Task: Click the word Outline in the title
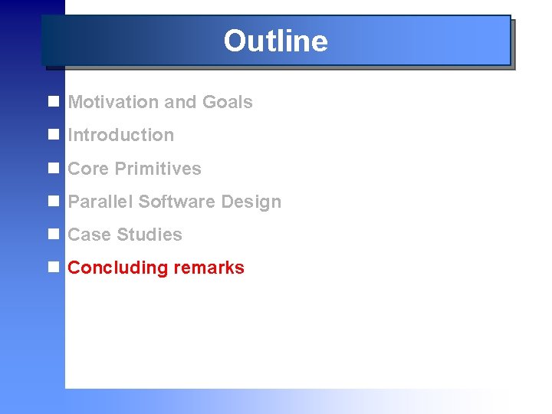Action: click(275, 41)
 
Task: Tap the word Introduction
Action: click(120, 135)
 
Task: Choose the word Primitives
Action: click(157, 169)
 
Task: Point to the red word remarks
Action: click(209, 268)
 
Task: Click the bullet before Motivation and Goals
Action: click(53, 102)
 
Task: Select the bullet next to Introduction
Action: click(53, 135)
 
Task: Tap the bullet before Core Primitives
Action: click(53, 169)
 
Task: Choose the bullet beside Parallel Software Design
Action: click(53, 202)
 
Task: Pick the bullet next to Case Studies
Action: click(53, 235)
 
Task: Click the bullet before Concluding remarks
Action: click(53, 268)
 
